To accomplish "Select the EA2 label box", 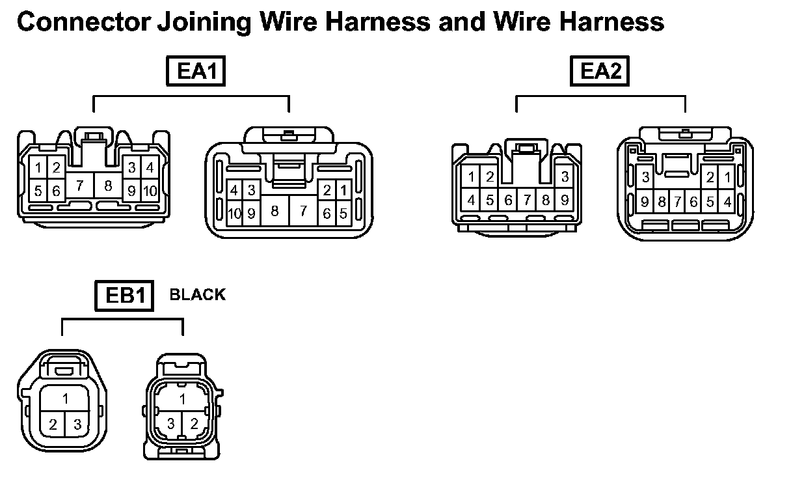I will pyautogui.click(x=600, y=71).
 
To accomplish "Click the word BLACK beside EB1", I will pyautogui.click(x=197, y=295).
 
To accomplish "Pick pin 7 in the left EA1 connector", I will pyautogui.click(x=79, y=186).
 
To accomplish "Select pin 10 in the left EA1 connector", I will pyautogui.click(x=150, y=191).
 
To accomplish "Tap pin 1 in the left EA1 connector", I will pyautogui.click(x=39, y=168).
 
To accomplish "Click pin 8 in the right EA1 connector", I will pyautogui.click(x=275, y=211).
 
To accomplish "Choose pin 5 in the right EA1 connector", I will pyautogui.click(x=343, y=213).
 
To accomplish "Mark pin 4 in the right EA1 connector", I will pyautogui.click(x=234, y=191).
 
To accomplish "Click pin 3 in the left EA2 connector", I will pyautogui.click(x=565, y=176).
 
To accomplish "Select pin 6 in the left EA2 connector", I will pyautogui.click(x=508, y=201).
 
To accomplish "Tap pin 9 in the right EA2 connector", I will pyautogui.click(x=644, y=202).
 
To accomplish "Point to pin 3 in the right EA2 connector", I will pyautogui.click(x=645, y=177).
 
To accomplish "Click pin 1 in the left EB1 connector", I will pyautogui.click(x=65, y=398).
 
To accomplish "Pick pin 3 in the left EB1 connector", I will pyautogui.click(x=77, y=425).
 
